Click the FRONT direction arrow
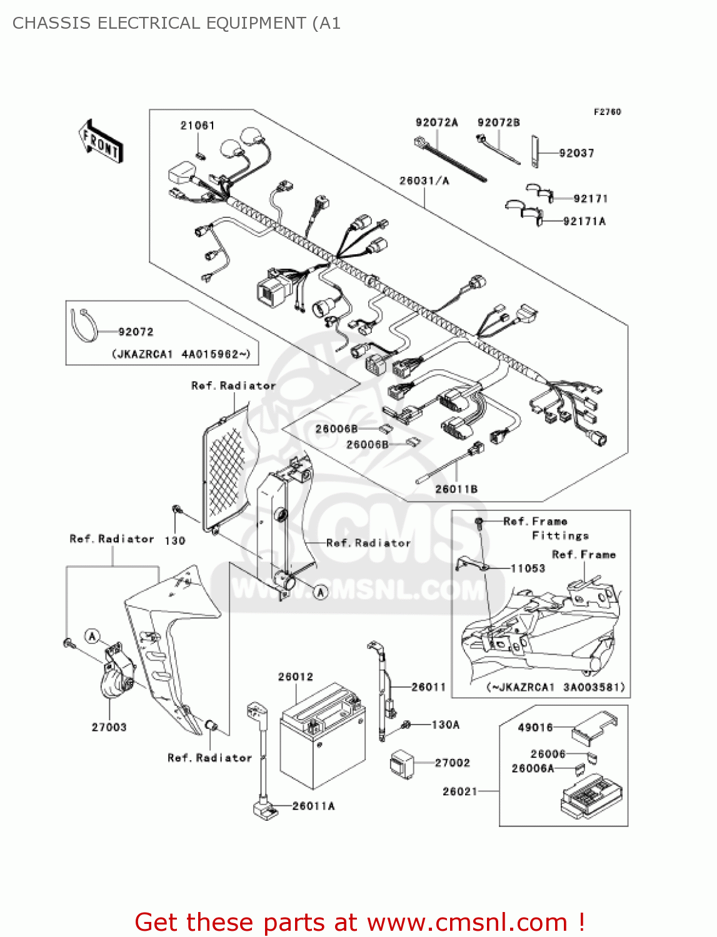101,142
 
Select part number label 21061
198,126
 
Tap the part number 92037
576,153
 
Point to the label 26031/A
424,181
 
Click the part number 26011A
313,806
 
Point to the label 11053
528,568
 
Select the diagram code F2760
607,112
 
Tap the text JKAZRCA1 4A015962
181,354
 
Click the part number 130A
445,725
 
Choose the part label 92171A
584,221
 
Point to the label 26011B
456,489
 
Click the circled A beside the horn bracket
93,637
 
